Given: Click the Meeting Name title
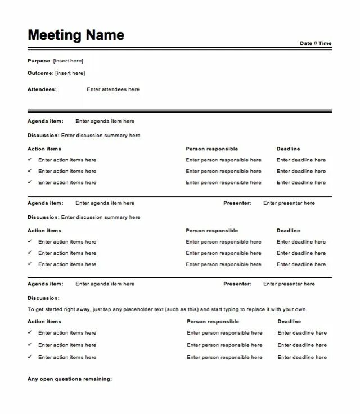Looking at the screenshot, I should [x=76, y=35].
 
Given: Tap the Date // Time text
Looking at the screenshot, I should [x=316, y=43].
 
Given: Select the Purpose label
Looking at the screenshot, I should [x=39, y=61].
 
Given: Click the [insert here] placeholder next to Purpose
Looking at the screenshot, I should [x=68, y=61].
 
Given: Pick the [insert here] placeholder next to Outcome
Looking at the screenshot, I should [x=70, y=73].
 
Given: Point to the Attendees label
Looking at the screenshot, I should [x=42, y=89].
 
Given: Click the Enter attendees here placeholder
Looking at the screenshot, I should [x=113, y=89].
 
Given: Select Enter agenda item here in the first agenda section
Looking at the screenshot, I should [x=105, y=121].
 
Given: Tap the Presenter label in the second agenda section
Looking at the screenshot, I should [x=237, y=203].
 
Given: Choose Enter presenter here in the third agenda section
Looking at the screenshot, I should [x=289, y=284].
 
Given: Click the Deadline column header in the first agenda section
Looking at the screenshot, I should [x=288, y=149].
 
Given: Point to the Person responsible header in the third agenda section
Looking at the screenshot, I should [x=213, y=322].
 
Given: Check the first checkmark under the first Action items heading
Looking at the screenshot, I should [x=30, y=160].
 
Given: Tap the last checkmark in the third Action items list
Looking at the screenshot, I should [x=30, y=357].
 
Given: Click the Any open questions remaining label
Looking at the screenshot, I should [x=70, y=379].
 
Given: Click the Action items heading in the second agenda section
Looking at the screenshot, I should [x=44, y=231].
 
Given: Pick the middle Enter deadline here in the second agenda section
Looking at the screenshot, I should [x=301, y=253].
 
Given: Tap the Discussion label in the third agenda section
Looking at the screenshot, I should [x=43, y=298].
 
